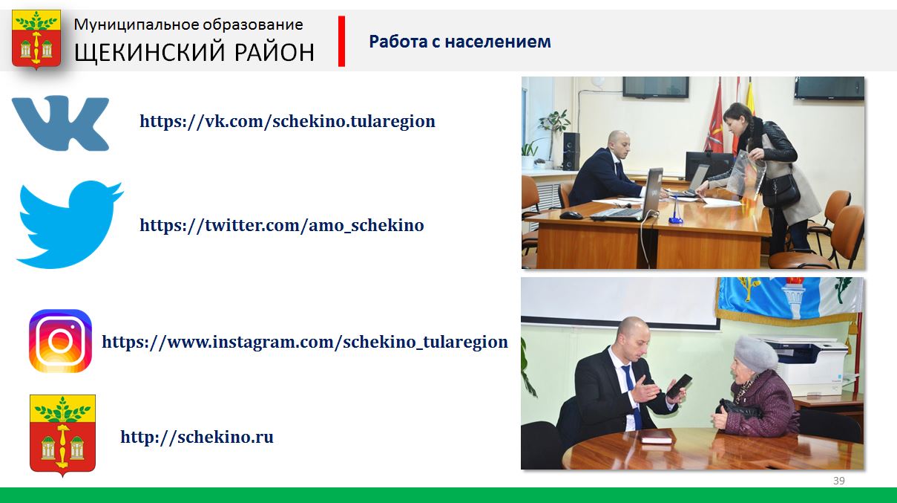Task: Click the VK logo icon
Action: tap(60, 123)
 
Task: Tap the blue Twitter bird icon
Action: tap(70, 224)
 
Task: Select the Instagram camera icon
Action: tap(60, 341)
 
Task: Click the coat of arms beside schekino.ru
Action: tap(62, 435)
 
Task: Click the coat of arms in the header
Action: tap(36, 39)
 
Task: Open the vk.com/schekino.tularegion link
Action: tap(287, 121)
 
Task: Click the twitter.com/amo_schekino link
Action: tap(281, 225)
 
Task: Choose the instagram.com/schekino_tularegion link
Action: tap(305, 343)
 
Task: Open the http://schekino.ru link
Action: tap(197, 437)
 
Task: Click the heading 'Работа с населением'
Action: tap(460, 42)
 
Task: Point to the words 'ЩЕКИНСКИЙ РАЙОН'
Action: tap(194, 52)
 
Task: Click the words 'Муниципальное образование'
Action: tap(188, 25)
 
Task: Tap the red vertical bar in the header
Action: tap(341, 41)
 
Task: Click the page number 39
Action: tap(839, 481)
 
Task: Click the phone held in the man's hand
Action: tap(679, 386)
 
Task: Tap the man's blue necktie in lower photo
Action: tap(632, 395)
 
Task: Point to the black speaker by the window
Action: tap(571, 152)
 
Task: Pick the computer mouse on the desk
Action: tap(571, 215)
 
